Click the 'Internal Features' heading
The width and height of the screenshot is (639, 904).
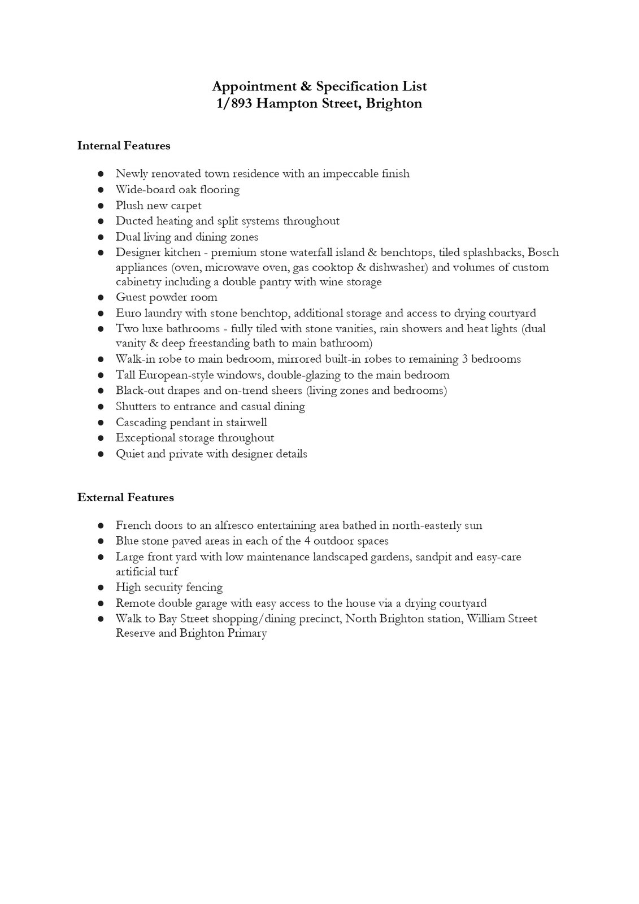(124, 146)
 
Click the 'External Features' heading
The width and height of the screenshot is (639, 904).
(125, 498)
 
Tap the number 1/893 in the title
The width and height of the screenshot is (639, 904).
(234, 103)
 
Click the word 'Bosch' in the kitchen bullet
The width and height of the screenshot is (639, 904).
(543, 252)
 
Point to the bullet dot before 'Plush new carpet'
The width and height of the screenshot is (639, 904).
(101, 206)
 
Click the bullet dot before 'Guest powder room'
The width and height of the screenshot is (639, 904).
(101, 298)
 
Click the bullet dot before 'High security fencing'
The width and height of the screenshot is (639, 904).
(101, 588)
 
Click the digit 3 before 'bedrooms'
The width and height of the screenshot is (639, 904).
(464, 359)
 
